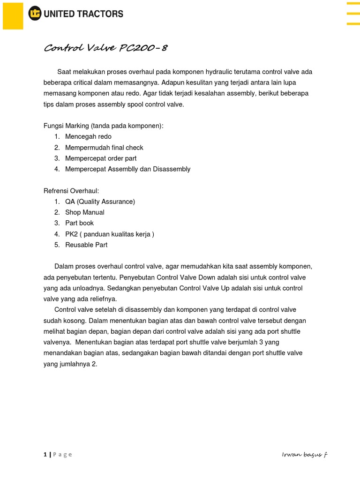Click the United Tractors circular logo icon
coord(35,14)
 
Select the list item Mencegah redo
coord(88,137)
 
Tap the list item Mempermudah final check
coord(104,148)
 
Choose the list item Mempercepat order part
coord(101,158)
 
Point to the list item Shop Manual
coord(85,212)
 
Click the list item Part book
coord(80,223)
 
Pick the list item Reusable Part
coord(86,245)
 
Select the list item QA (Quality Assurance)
coord(100,202)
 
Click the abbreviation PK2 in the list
coord(72,234)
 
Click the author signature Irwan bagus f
coord(304,454)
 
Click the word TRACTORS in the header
coord(100,14)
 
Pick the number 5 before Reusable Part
coord(56,245)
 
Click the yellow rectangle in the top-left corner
coord(13,15)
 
